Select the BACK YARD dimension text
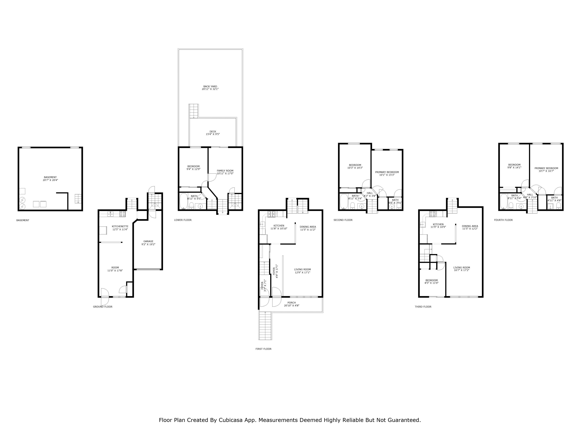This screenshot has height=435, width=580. [x=210, y=89]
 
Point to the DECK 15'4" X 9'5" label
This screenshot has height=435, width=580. [x=213, y=133]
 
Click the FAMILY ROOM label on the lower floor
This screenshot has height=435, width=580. [x=225, y=171]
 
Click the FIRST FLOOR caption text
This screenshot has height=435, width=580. [x=263, y=349]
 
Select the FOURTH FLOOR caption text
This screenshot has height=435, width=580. [x=503, y=220]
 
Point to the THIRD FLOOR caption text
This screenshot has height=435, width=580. [x=423, y=307]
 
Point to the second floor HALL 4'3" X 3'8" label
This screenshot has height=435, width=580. [x=370, y=194]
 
